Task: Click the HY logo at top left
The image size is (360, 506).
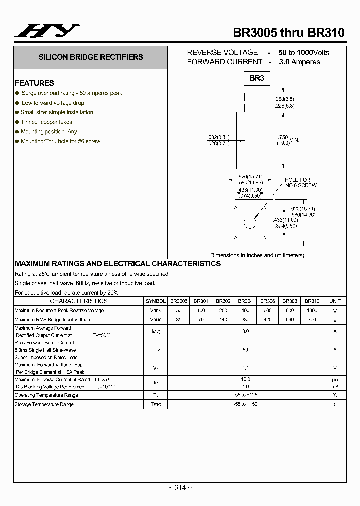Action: point(47,31)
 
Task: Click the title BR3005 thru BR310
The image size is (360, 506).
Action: point(289,33)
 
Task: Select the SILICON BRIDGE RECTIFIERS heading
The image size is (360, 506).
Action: point(91,57)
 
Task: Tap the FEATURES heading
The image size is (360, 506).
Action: point(34,83)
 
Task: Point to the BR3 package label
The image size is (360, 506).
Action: point(257,78)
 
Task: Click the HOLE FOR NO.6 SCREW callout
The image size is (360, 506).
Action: point(301,183)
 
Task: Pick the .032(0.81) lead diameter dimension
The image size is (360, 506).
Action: point(218,137)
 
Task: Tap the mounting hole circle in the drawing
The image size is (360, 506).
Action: point(249,222)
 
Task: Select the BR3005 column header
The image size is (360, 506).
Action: point(179,301)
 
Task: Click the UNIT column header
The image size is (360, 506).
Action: point(335,301)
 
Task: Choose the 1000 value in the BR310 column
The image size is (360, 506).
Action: point(312,310)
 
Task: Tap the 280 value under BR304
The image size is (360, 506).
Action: point(245,320)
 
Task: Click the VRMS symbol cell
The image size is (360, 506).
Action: point(156,320)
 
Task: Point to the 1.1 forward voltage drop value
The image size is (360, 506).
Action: point(245,368)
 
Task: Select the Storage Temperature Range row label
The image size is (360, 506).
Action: point(44,404)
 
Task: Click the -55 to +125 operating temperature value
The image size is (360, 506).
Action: point(245,395)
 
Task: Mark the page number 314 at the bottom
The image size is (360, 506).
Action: point(179,488)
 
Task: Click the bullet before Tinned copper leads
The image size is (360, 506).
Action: point(17,122)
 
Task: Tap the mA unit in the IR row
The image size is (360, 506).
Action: point(335,387)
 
